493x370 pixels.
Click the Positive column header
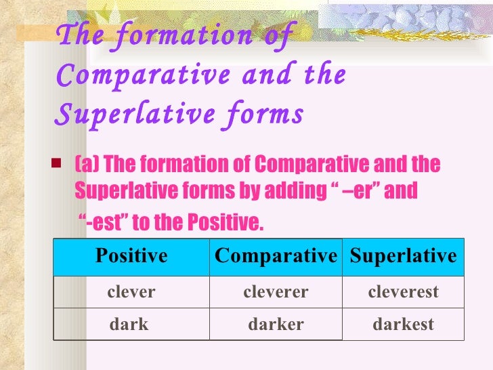tap(131, 256)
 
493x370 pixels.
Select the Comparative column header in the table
tap(276, 256)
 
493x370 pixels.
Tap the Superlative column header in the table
tap(403, 256)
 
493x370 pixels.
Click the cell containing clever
tap(131, 292)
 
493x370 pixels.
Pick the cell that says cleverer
tap(276, 292)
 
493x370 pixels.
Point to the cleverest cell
tap(403, 292)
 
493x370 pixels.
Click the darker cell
tap(276, 324)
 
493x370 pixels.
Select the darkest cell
tap(403, 324)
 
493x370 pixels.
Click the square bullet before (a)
tap(57, 164)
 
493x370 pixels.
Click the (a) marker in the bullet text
tap(87, 164)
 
